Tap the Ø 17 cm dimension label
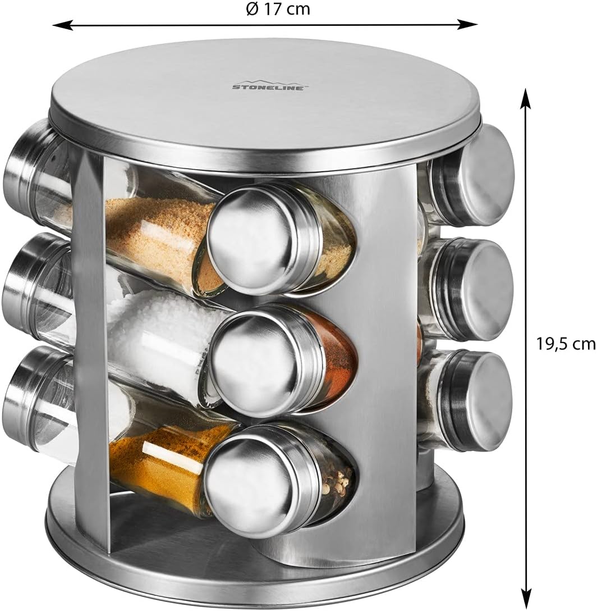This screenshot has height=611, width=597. pyautogui.click(x=278, y=8)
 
